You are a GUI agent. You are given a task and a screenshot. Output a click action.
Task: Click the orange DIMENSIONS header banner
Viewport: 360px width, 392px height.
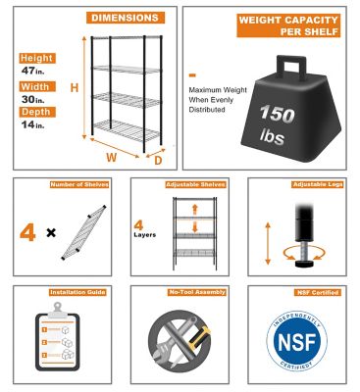(125, 18)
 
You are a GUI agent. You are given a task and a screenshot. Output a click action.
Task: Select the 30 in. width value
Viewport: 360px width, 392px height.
(33, 101)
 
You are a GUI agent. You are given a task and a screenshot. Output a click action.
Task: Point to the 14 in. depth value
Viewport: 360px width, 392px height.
(33, 134)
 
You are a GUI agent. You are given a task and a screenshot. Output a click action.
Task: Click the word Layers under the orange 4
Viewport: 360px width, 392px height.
(146, 235)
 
